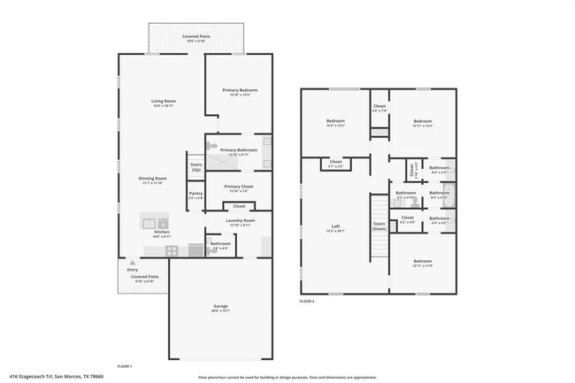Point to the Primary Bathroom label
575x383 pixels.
[239, 149]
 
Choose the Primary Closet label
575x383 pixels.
[239, 187]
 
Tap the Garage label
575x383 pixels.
[220, 306]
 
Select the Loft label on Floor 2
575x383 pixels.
[335, 227]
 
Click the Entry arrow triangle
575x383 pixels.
[132, 264]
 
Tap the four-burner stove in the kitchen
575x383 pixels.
[172, 250]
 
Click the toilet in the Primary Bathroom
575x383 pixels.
[266, 142]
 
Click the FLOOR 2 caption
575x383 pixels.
[307, 301]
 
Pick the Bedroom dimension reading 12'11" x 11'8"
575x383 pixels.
[422, 265]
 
